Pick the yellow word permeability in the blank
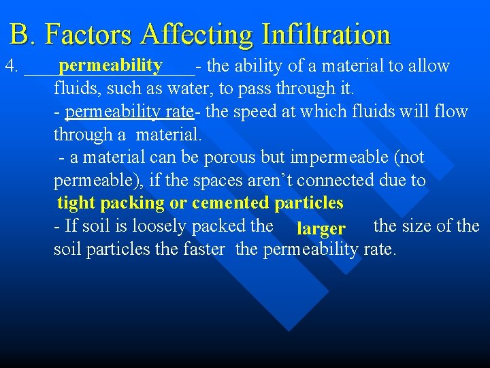coord(110,65)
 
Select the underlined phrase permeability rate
coord(129,111)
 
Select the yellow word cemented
coord(231,203)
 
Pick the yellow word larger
coord(321,228)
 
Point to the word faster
coord(203,249)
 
